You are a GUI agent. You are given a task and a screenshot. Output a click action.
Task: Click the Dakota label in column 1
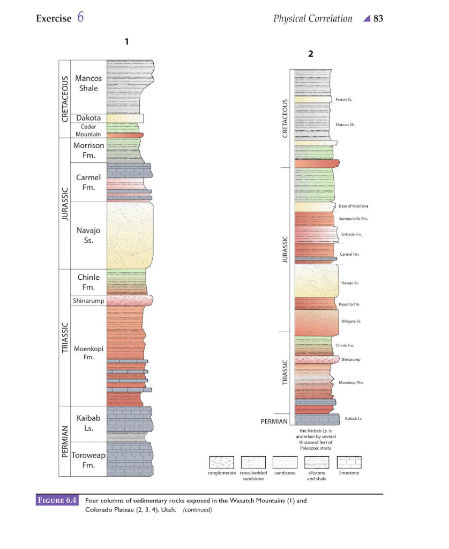pyautogui.click(x=88, y=118)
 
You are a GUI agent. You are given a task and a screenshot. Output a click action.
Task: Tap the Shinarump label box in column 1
pyautogui.click(x=88, y=301)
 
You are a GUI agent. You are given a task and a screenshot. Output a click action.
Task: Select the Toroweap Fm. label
pyautogui.click(x=88, y=461)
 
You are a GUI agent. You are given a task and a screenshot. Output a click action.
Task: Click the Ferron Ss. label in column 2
pyautogui.click(x=343, y=100)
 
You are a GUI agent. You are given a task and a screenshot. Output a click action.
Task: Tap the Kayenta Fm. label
pyautogui.click(x=350, y=304)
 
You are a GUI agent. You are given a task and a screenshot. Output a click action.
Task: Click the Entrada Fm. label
pyautogui.click(x=351, y=234)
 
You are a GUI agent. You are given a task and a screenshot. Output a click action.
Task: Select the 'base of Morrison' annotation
pyautogui.click(x=353, y=206)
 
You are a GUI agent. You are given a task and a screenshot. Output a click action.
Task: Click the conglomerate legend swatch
pyautogui.click(x=221, y=462)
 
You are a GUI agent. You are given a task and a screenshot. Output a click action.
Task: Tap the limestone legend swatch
pyautogui.click(x=349, y=462)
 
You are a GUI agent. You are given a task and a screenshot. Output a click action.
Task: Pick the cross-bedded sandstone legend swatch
pyautogui.click(x=253, y=462)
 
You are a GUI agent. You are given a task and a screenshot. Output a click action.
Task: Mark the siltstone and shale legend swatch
pyautogui.click(x=317, y=462)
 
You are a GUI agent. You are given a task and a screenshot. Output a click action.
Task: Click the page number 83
pyautogui.click(x=378, y=19)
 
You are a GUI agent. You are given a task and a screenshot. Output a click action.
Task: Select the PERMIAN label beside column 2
pyautogui.click(x=274, y=422)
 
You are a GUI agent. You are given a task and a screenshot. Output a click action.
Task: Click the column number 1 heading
pyautogui.click(x=126, y=41)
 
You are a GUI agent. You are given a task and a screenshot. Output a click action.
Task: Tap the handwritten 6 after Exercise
pyautogui.click(x=80, y=18)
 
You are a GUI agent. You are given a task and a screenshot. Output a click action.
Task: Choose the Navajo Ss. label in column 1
pyautogui.click(x=88, y=235)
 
